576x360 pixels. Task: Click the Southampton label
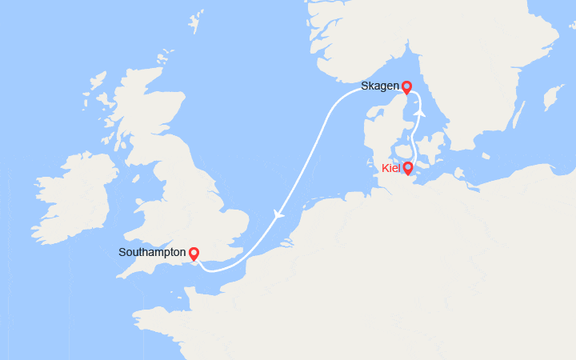(150, 252)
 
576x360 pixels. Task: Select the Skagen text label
(380, 86)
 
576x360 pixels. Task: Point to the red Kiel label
(390, 168)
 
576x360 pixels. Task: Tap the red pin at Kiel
(408, 168)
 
